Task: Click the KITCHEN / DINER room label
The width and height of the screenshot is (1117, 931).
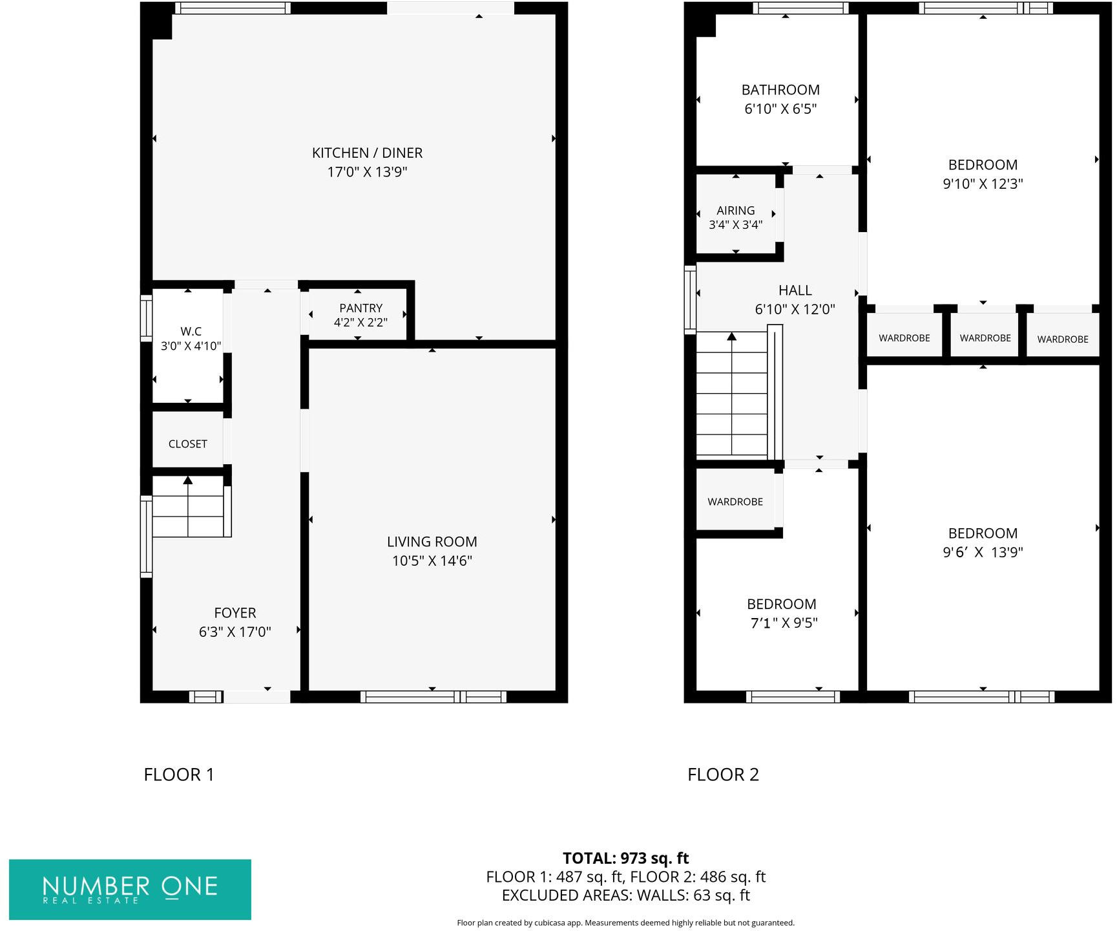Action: [367, 153]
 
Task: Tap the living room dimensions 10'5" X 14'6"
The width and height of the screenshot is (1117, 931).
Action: [432, 561]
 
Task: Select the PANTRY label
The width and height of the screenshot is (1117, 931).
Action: [360, 308]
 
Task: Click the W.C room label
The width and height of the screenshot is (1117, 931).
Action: [191, 331]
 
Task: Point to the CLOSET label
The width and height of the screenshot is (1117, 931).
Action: [187, 444]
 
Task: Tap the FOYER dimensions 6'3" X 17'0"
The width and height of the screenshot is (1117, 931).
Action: [235, 632]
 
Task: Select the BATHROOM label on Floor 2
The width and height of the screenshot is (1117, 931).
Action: [780, 90]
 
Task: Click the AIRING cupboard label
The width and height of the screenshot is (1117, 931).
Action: [735, 211]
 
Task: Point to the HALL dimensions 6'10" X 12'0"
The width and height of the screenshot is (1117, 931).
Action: [795, 309]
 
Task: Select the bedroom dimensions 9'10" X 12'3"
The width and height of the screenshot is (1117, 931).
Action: [983, 184]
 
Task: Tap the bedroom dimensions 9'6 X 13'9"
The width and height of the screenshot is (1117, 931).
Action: [983, 552]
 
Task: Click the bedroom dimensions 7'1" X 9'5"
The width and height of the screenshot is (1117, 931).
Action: [784, 623]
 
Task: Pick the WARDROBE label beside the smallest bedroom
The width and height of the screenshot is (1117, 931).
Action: [735, 502]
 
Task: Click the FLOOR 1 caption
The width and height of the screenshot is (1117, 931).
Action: [179, 775]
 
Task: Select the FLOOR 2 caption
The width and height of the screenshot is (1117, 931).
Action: [723, 775]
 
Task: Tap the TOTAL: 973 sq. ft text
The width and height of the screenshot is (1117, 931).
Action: [625, 858]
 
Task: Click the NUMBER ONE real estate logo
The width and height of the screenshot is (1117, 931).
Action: [130, 889]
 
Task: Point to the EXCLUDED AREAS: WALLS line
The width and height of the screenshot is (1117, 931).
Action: [625, 895]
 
